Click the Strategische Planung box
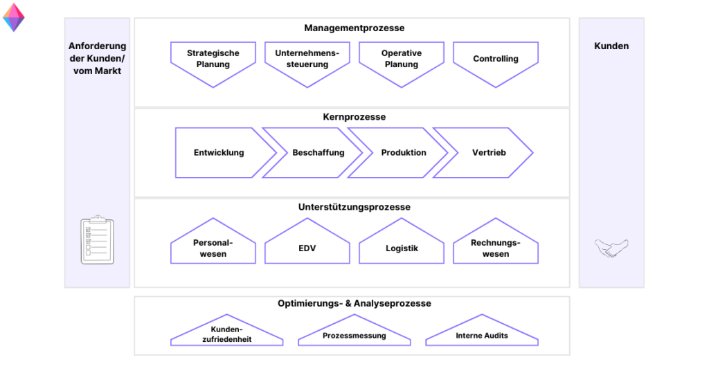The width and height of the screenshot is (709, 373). pyautogui.click(x=213, y=60)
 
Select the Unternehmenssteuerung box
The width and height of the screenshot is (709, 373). pyautogui.click(x=307, y=60)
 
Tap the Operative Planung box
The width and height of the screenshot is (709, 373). pyautogui.click(x=401, y=60)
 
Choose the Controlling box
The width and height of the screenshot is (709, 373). pyautogui.click(x=496, y=60)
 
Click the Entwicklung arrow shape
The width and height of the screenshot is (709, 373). pyautogui.click(x=219, y=153)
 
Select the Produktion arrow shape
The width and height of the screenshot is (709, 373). pyautogui.click(x=404, y=153)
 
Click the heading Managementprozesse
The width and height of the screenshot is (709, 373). pyautogui.click(x=354, y=28)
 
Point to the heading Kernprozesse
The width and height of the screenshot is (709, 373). pyautogui.click(x=354, y=117)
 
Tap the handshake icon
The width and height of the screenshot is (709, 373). pyautogui.click(x=611, y=248)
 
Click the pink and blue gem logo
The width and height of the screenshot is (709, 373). pyautogui.click(x=14, y=18)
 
